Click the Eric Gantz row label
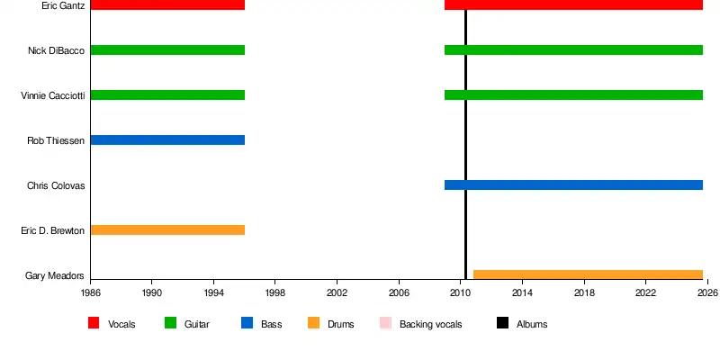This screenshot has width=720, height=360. pos(63,6)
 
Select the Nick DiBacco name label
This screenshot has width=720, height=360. pos(56,50)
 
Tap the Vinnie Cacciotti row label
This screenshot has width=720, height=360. pos(52,95)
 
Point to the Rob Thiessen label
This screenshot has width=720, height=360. pos(56,140)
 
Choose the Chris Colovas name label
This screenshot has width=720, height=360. pos(56,185)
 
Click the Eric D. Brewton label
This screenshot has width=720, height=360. pos(52,230)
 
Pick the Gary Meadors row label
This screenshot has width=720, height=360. pos(55,275)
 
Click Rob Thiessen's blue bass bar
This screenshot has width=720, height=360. pos(167,140)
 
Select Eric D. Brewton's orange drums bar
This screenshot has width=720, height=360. pos(167,230)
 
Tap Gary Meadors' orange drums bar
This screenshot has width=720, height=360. pos(588,275)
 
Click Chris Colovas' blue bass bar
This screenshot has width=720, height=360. pos(573,185)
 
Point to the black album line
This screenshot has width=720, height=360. pos(465,144)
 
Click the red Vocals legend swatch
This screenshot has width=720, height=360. pos(94,323)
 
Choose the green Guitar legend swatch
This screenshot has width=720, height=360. pos(170,323)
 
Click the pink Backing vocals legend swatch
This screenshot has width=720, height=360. pos(385,323)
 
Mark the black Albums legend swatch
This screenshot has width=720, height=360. pos(502,323)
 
